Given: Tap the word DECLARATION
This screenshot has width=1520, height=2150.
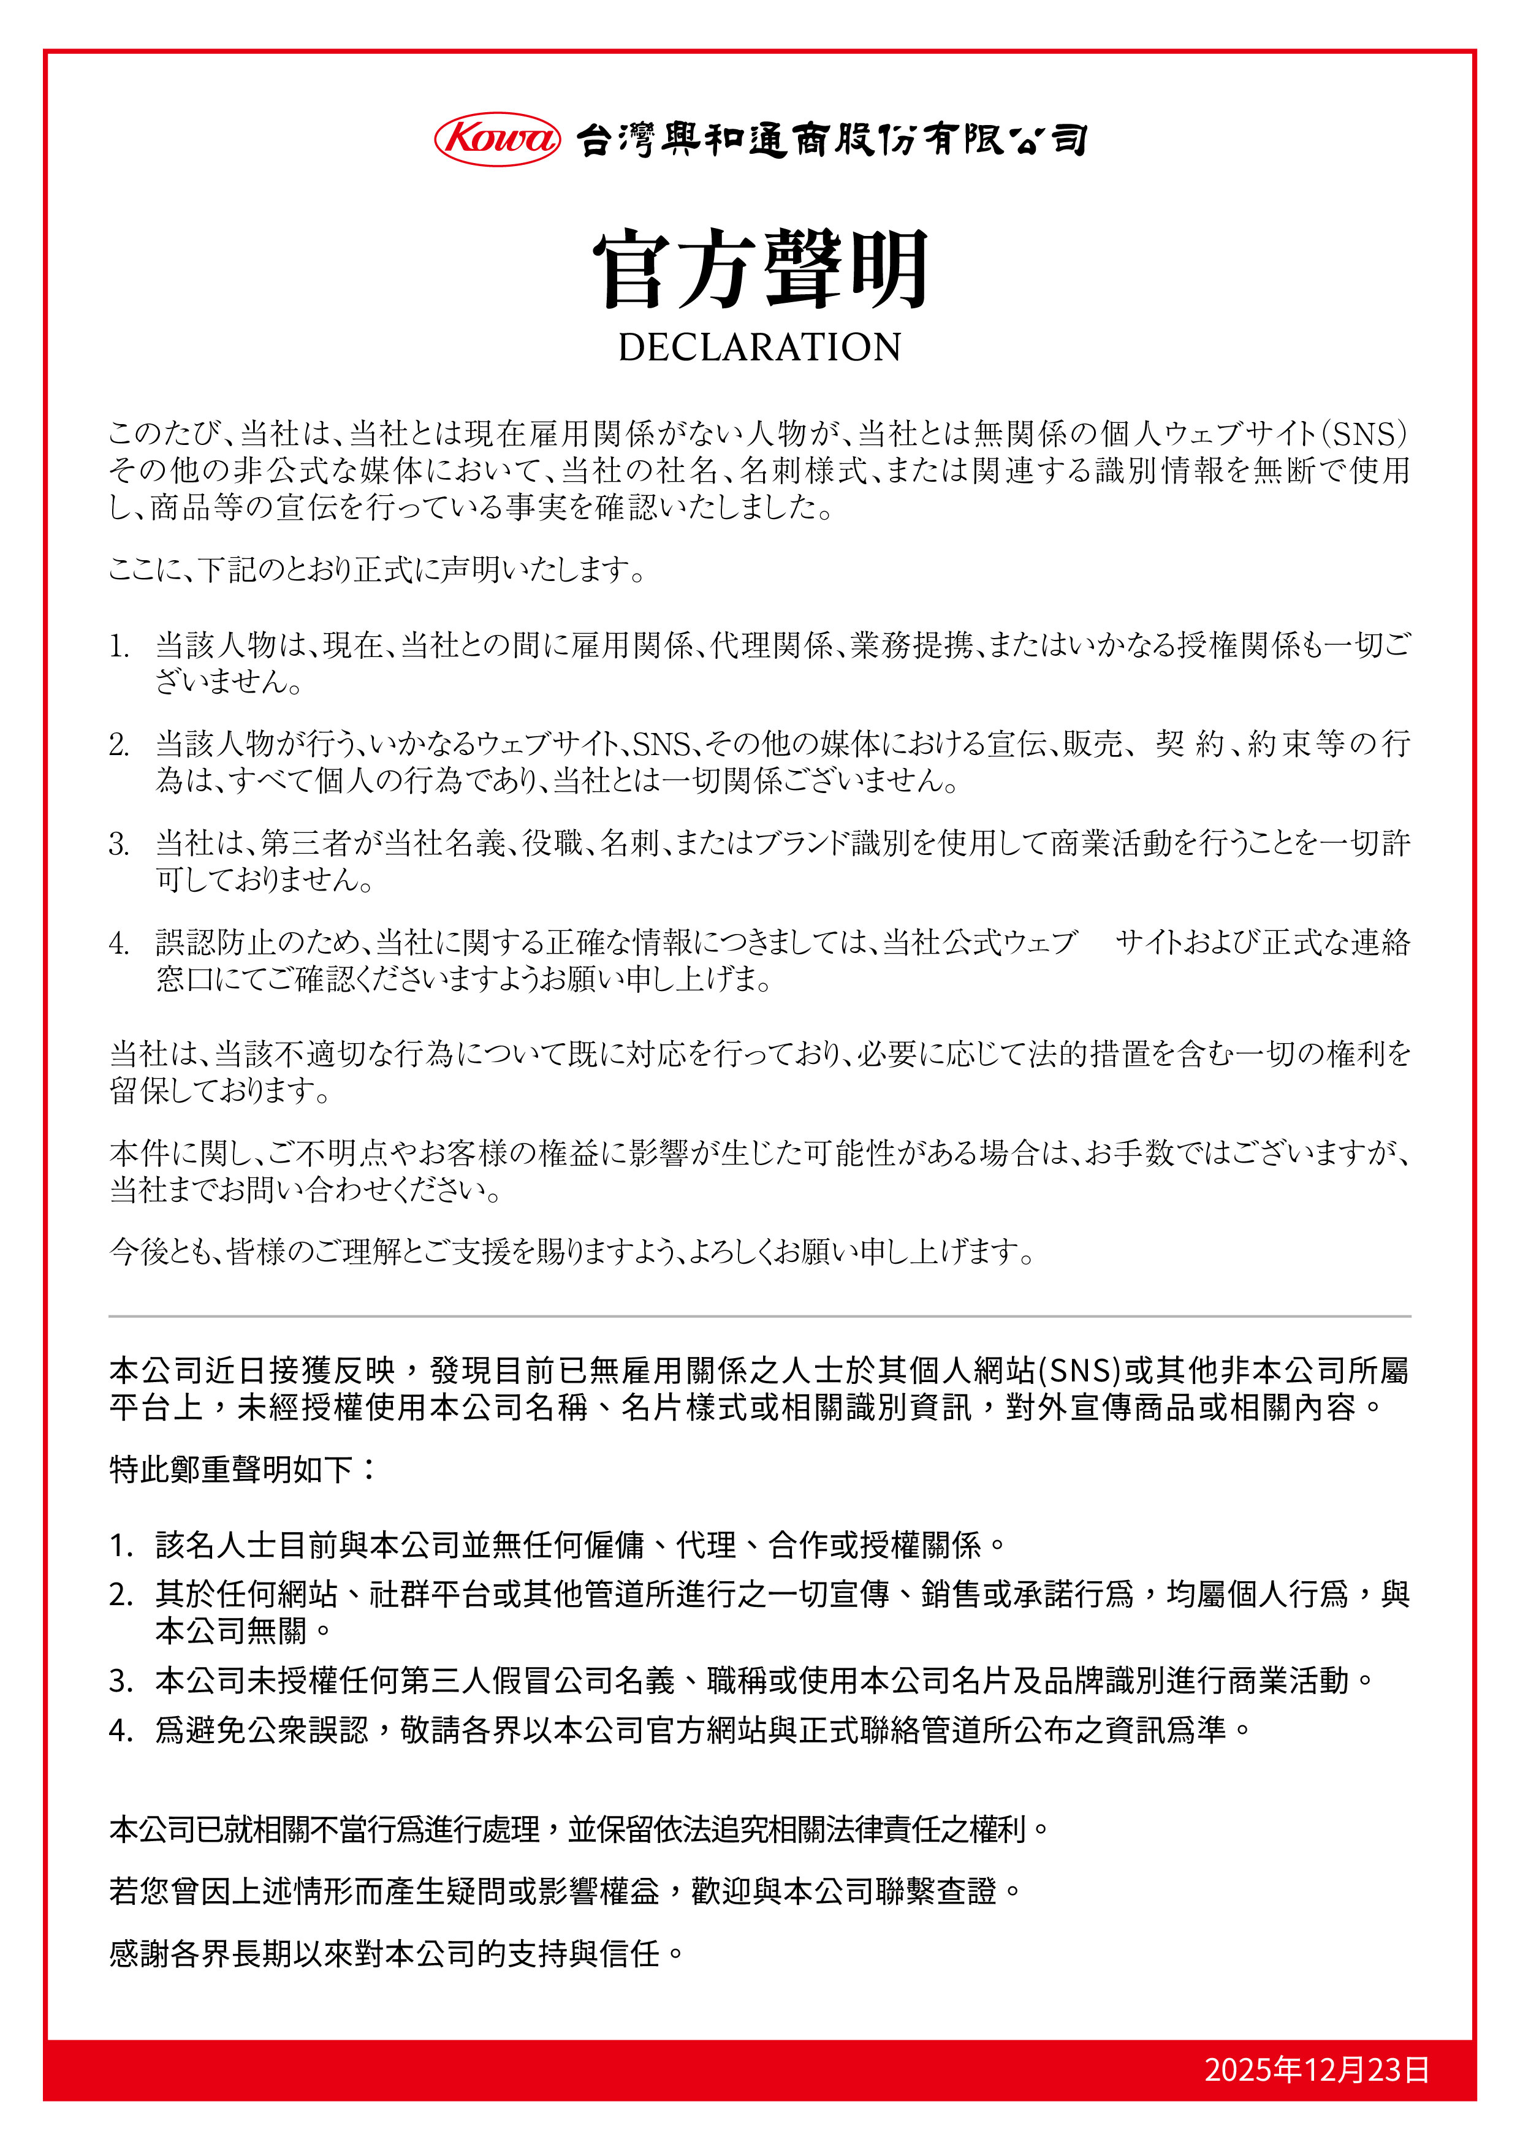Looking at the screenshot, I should point(759,348).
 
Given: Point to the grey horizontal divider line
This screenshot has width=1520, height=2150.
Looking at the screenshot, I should point(759,1316).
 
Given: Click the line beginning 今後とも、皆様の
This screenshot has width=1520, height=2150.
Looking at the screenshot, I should point(571,1251).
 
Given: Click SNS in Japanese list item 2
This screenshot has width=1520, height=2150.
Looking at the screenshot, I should point(661,745).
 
